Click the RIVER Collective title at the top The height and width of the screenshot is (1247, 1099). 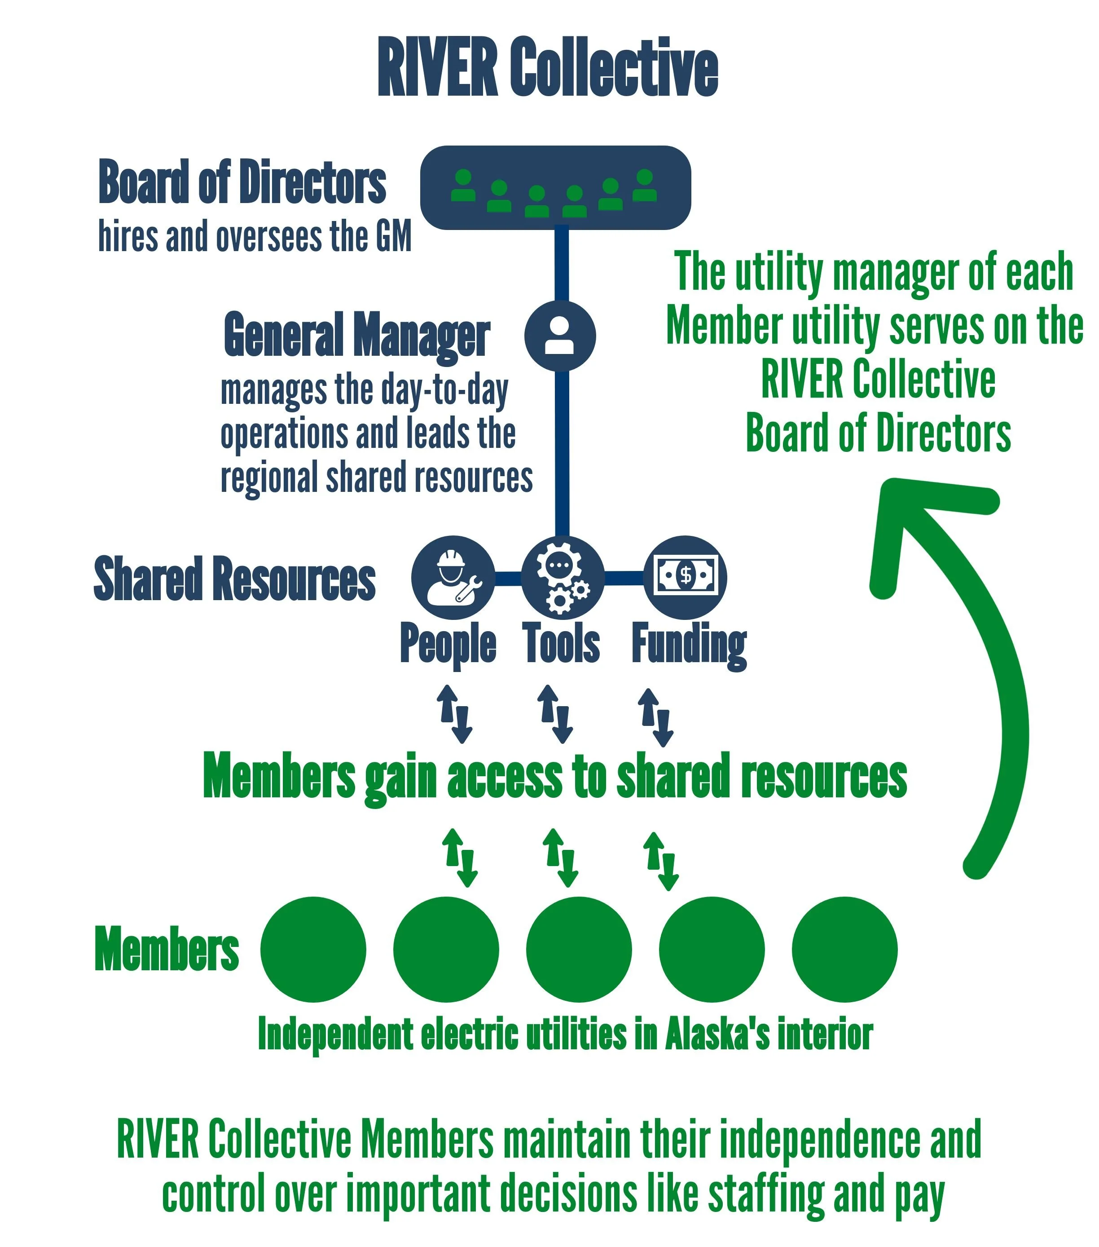(x=548, y=67)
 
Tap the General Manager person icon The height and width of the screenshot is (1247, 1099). (x=560, y=336)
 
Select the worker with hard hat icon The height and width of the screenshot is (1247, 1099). (x=453, y=577)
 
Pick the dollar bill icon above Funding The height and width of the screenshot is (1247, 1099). (x=686, y=576)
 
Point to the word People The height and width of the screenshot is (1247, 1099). (x=448, y=644)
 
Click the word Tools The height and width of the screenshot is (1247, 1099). (x=561, y=643)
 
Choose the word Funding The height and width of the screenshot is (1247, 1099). (x=689, y=646)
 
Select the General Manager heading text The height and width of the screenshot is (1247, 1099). (x=357, y=336)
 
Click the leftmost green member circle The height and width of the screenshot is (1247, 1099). (x=313, y=949)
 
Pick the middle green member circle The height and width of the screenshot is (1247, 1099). (x=579, y=949)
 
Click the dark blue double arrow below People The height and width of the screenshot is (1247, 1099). (x=455, y=714)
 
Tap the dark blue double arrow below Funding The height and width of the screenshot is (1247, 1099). (x=655, y=717)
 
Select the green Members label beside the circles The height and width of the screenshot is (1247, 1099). (x=167, y=949)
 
